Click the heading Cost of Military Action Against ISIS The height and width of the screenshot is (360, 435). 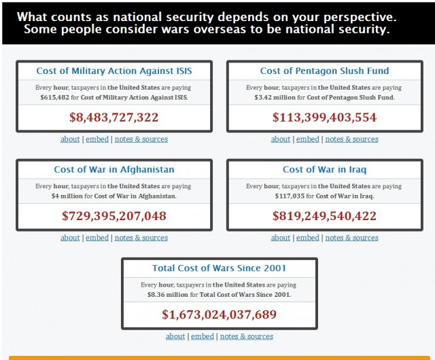point(114,71)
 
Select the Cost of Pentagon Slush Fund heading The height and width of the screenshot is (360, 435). point(324,71)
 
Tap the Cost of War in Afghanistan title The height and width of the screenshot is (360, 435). point(114,169)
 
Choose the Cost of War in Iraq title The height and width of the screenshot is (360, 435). point(324,169)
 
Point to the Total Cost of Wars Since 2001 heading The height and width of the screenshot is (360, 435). point(219,268)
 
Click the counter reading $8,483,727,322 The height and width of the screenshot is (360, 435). point(114,118)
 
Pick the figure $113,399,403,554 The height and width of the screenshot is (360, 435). point(324,118)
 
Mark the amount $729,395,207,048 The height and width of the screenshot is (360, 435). point(114,216)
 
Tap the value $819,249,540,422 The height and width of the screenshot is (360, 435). point(324,216)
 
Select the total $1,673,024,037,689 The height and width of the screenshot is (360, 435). point(219,314)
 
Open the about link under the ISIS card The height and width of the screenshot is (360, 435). point(70,139)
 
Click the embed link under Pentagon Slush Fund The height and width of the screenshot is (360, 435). point(307,139)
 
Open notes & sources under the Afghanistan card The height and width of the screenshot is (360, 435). point(141,238)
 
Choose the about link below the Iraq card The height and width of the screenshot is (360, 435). point(281,238)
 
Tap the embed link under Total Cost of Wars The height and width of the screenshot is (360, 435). point(202,336)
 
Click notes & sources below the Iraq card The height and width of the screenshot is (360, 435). point(351,238)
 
